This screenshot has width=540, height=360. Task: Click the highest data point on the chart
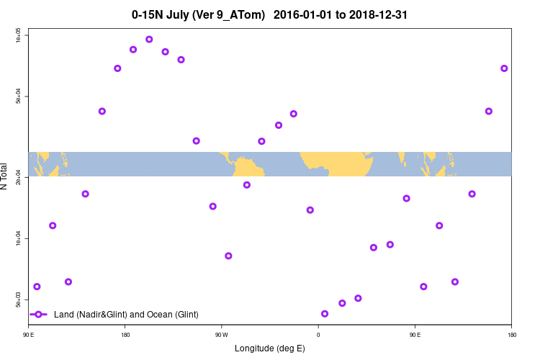pos(149,40)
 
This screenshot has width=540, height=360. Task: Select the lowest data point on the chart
pos(325,314)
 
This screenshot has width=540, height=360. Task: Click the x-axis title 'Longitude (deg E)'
pos(270,348)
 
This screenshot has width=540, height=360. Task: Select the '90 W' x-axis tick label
pos(221,336)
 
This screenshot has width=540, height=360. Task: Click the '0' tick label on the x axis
pos(318,336)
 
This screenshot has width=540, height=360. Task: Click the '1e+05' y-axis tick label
pos(22,35)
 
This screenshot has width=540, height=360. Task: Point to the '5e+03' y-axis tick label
pos(22,299)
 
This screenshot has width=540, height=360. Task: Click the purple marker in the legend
pos(39,315)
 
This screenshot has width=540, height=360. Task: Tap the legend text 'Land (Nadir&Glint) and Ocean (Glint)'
pos(126,315)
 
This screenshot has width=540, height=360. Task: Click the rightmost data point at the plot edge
pos(504,68)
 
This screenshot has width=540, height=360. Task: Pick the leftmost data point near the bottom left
pos(37,287)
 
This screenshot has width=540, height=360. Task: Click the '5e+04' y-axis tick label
pos(22,96)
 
